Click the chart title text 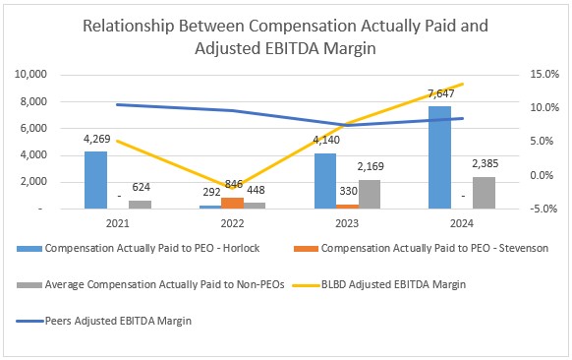tap(285, 37)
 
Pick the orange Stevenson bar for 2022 tap(234, 204)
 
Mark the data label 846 tap(234, 183)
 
